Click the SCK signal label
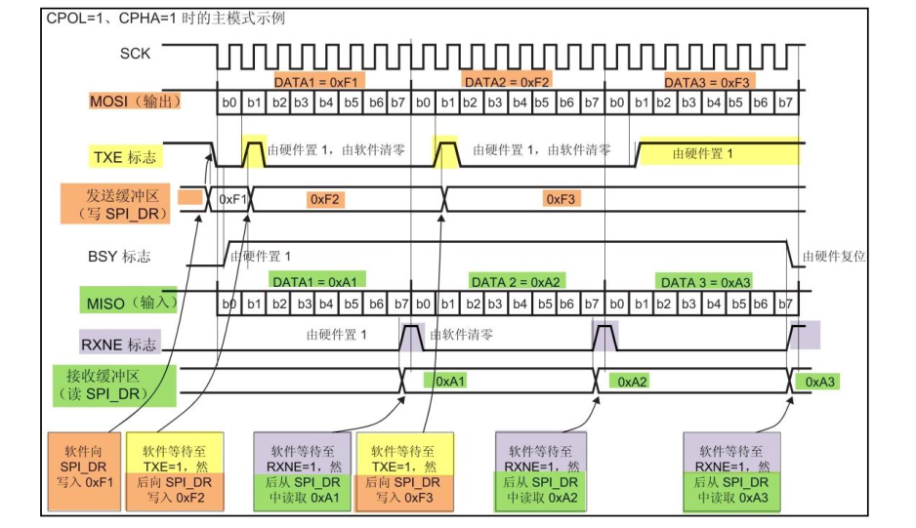pos(135,54)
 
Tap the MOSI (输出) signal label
pos(134,102)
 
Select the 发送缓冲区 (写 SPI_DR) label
pos(115,204)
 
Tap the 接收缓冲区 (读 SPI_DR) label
pos(113,383)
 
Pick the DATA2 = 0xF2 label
pos(507,82)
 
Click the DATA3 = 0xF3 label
pos(706,82)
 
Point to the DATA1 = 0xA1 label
pos(315,281)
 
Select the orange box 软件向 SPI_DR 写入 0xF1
pos(83,470)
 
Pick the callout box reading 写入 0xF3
pos(402,470)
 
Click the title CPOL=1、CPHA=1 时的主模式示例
pos(166,18)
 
